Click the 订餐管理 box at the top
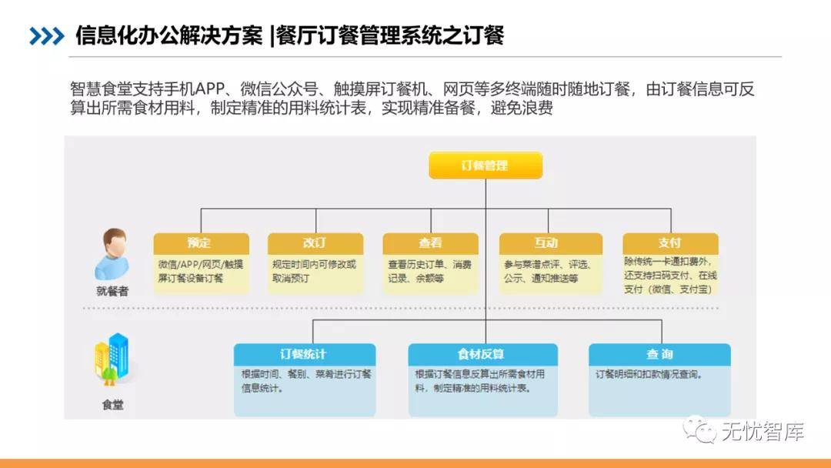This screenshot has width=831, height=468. pyautogui.click(x=485, y=165)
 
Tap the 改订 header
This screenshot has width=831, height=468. pyautogui.click(x=315, y=243)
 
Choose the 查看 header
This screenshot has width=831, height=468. pyautogui.click(x=430, y=243)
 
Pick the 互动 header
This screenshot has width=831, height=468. pyautogui.click(x=546, y=243)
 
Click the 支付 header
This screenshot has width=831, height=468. pyautogui.click(x=669, y=243)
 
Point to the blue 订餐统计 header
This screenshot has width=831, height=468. pyautogui.click(x=304, y=354)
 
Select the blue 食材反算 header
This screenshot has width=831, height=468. pyautogui.click(x=480, y=354)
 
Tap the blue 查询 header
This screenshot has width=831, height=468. pyautogui.click(x=659, y=354)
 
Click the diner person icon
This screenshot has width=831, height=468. pyautogui.click(x=112, y=254)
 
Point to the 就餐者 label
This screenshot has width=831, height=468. pyautogui.click(x=112, y=292)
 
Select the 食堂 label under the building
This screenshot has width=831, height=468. pyautogui.click(x=112, y=404)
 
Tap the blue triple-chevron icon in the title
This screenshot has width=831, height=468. pyautogui.click(x=46, y=36)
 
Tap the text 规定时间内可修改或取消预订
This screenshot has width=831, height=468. pyautogui.click(x=314, y=271)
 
